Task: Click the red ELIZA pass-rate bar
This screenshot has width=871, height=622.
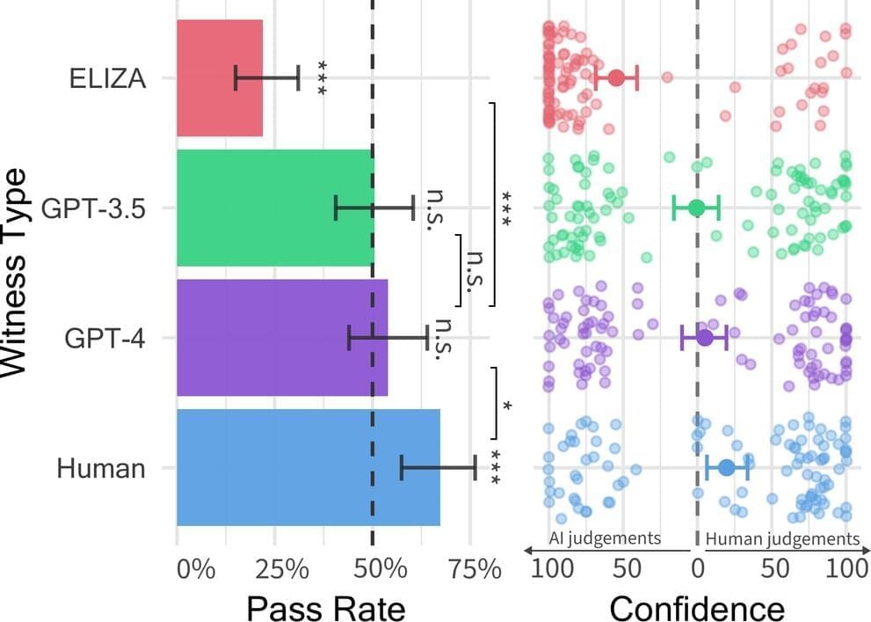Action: pyautogui.click(x=220, y=78)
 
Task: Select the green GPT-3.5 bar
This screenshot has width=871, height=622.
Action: pyautogui.click(x=274, y=208)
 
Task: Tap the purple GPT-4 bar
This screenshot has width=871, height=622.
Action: pyautogui.click(x=281, y=338)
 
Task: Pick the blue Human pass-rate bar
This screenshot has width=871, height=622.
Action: pyautogui.click(x=308, y=467)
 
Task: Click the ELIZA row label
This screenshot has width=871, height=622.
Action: pyautogui.click(x=106, y=78)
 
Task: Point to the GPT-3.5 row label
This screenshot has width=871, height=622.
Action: pyautogui.click(x=92, y=209)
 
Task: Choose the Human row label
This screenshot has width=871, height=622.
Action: pyautogui.click(x=100, y=468)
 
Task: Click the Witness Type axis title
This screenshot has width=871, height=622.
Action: pyautogui.click(x=19, y=273)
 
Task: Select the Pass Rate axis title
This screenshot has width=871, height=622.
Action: pyautogui.click(x=326, y=608)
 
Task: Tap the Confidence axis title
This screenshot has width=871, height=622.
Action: pyautogui.click(x=696, y=608)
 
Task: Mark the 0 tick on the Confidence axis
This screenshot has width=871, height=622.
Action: pyautogui.click(x=698, y=569)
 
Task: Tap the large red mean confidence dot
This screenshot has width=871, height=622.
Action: pyautogui.click(x=616, y=77)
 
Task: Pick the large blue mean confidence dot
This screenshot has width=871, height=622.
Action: pyautogui.click(x=726, y=467)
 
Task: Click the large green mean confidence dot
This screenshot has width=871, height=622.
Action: pyautogui.click(x=696, y=208)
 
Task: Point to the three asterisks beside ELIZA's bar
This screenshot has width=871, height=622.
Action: pyautogui.click(x=322, y=78)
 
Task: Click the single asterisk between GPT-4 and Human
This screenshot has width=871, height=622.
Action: pyautogui.click(x=507, y=405)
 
